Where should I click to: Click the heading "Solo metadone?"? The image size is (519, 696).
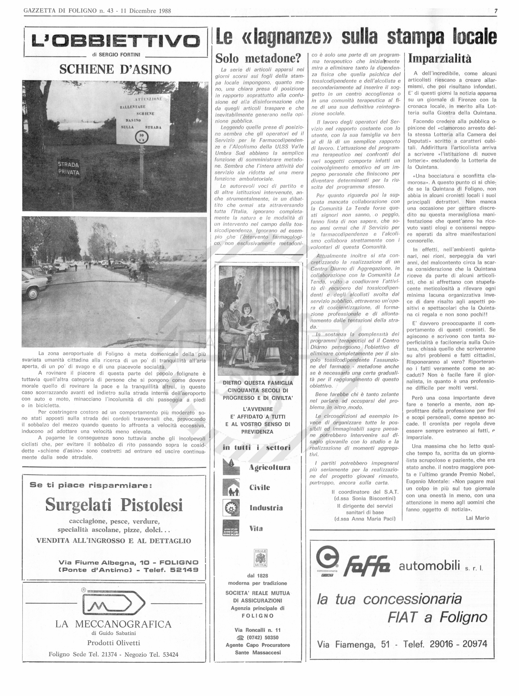click(x=258, y=58)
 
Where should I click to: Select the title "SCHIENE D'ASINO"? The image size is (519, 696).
click(x=115, y=69)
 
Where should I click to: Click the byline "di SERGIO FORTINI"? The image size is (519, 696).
click(x=116, y=54)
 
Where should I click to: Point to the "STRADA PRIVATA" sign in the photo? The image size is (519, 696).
click(x=69, y=168)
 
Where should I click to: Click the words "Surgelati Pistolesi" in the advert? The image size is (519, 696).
click(x=114, y=505)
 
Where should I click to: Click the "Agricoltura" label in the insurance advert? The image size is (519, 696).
click(x=269, y=468)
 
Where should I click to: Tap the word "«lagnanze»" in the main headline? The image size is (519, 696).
click(x=288, y=37)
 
